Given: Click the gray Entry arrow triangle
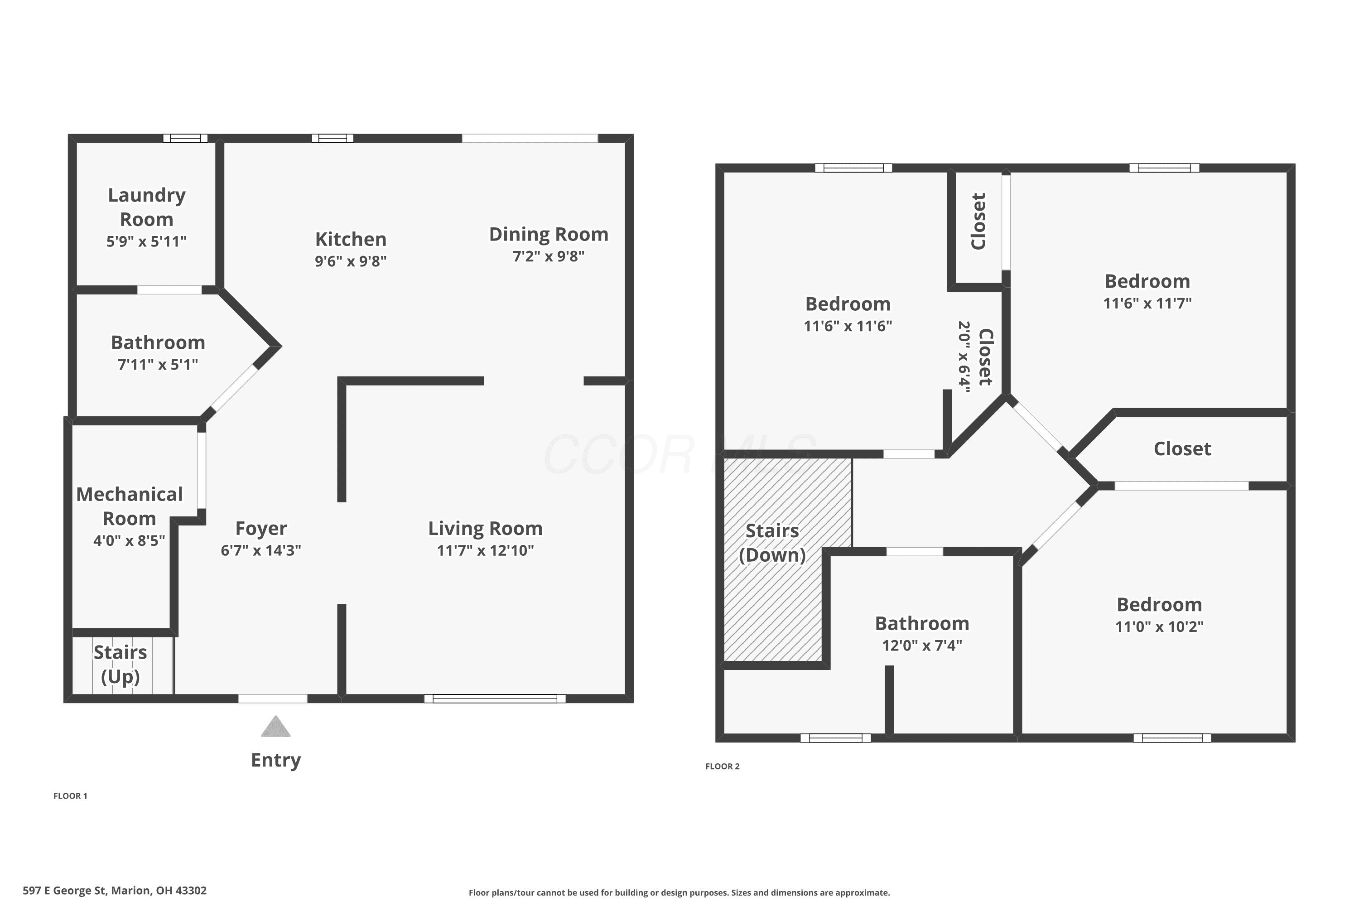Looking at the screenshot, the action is coord(275,727).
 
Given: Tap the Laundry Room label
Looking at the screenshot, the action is coord(147,207).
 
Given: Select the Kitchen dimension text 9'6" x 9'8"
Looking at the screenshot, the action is coord(351,261).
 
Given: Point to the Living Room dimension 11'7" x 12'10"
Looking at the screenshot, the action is coord(485,550).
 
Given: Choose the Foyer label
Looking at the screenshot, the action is coord(261,529).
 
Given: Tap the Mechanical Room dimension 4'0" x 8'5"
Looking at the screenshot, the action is coord(130,540).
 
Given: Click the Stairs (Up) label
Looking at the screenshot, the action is coord(120,665).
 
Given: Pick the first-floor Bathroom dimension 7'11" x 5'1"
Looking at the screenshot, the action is coord(158,365).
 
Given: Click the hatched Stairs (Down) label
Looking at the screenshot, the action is coord(772,543).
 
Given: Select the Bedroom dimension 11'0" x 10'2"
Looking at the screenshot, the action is coord(1159,626).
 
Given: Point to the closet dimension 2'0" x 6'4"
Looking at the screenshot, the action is coord(964,357).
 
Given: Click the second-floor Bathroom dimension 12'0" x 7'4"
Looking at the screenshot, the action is coord(922,646).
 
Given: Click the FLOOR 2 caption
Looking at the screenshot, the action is coord(722,766).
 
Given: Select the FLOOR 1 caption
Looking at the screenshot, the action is coord(71,795).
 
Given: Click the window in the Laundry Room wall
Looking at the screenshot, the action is coord(185,138).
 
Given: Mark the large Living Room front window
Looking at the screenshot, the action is coord(495,699).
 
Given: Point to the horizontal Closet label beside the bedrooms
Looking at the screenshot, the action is coord(1182,448).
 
